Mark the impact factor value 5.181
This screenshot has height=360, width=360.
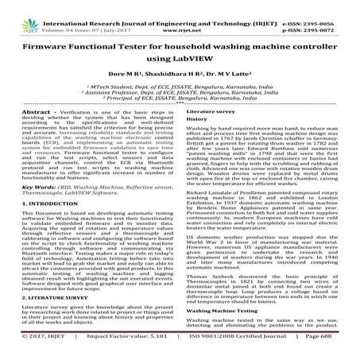[x=142, y=351]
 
